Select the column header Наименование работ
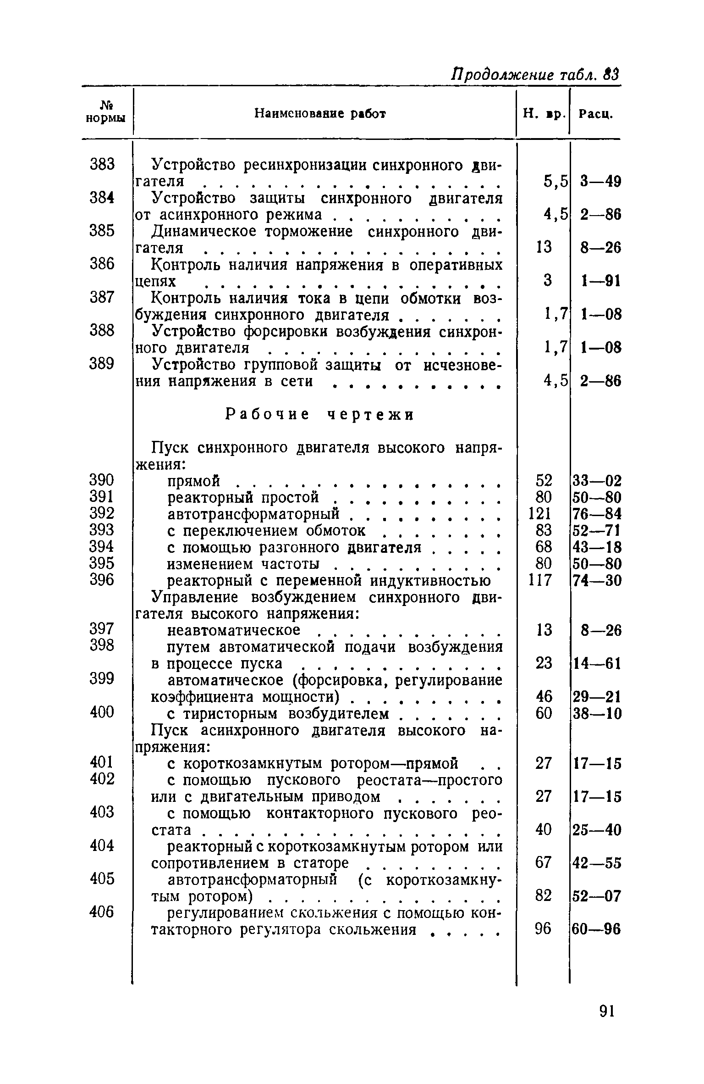click(320, 113)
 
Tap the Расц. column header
click(595, 114)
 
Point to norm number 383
click(102, 164)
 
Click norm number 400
click(102, 712)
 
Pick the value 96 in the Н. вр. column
click(543, 929)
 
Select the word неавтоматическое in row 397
click(234, 630)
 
